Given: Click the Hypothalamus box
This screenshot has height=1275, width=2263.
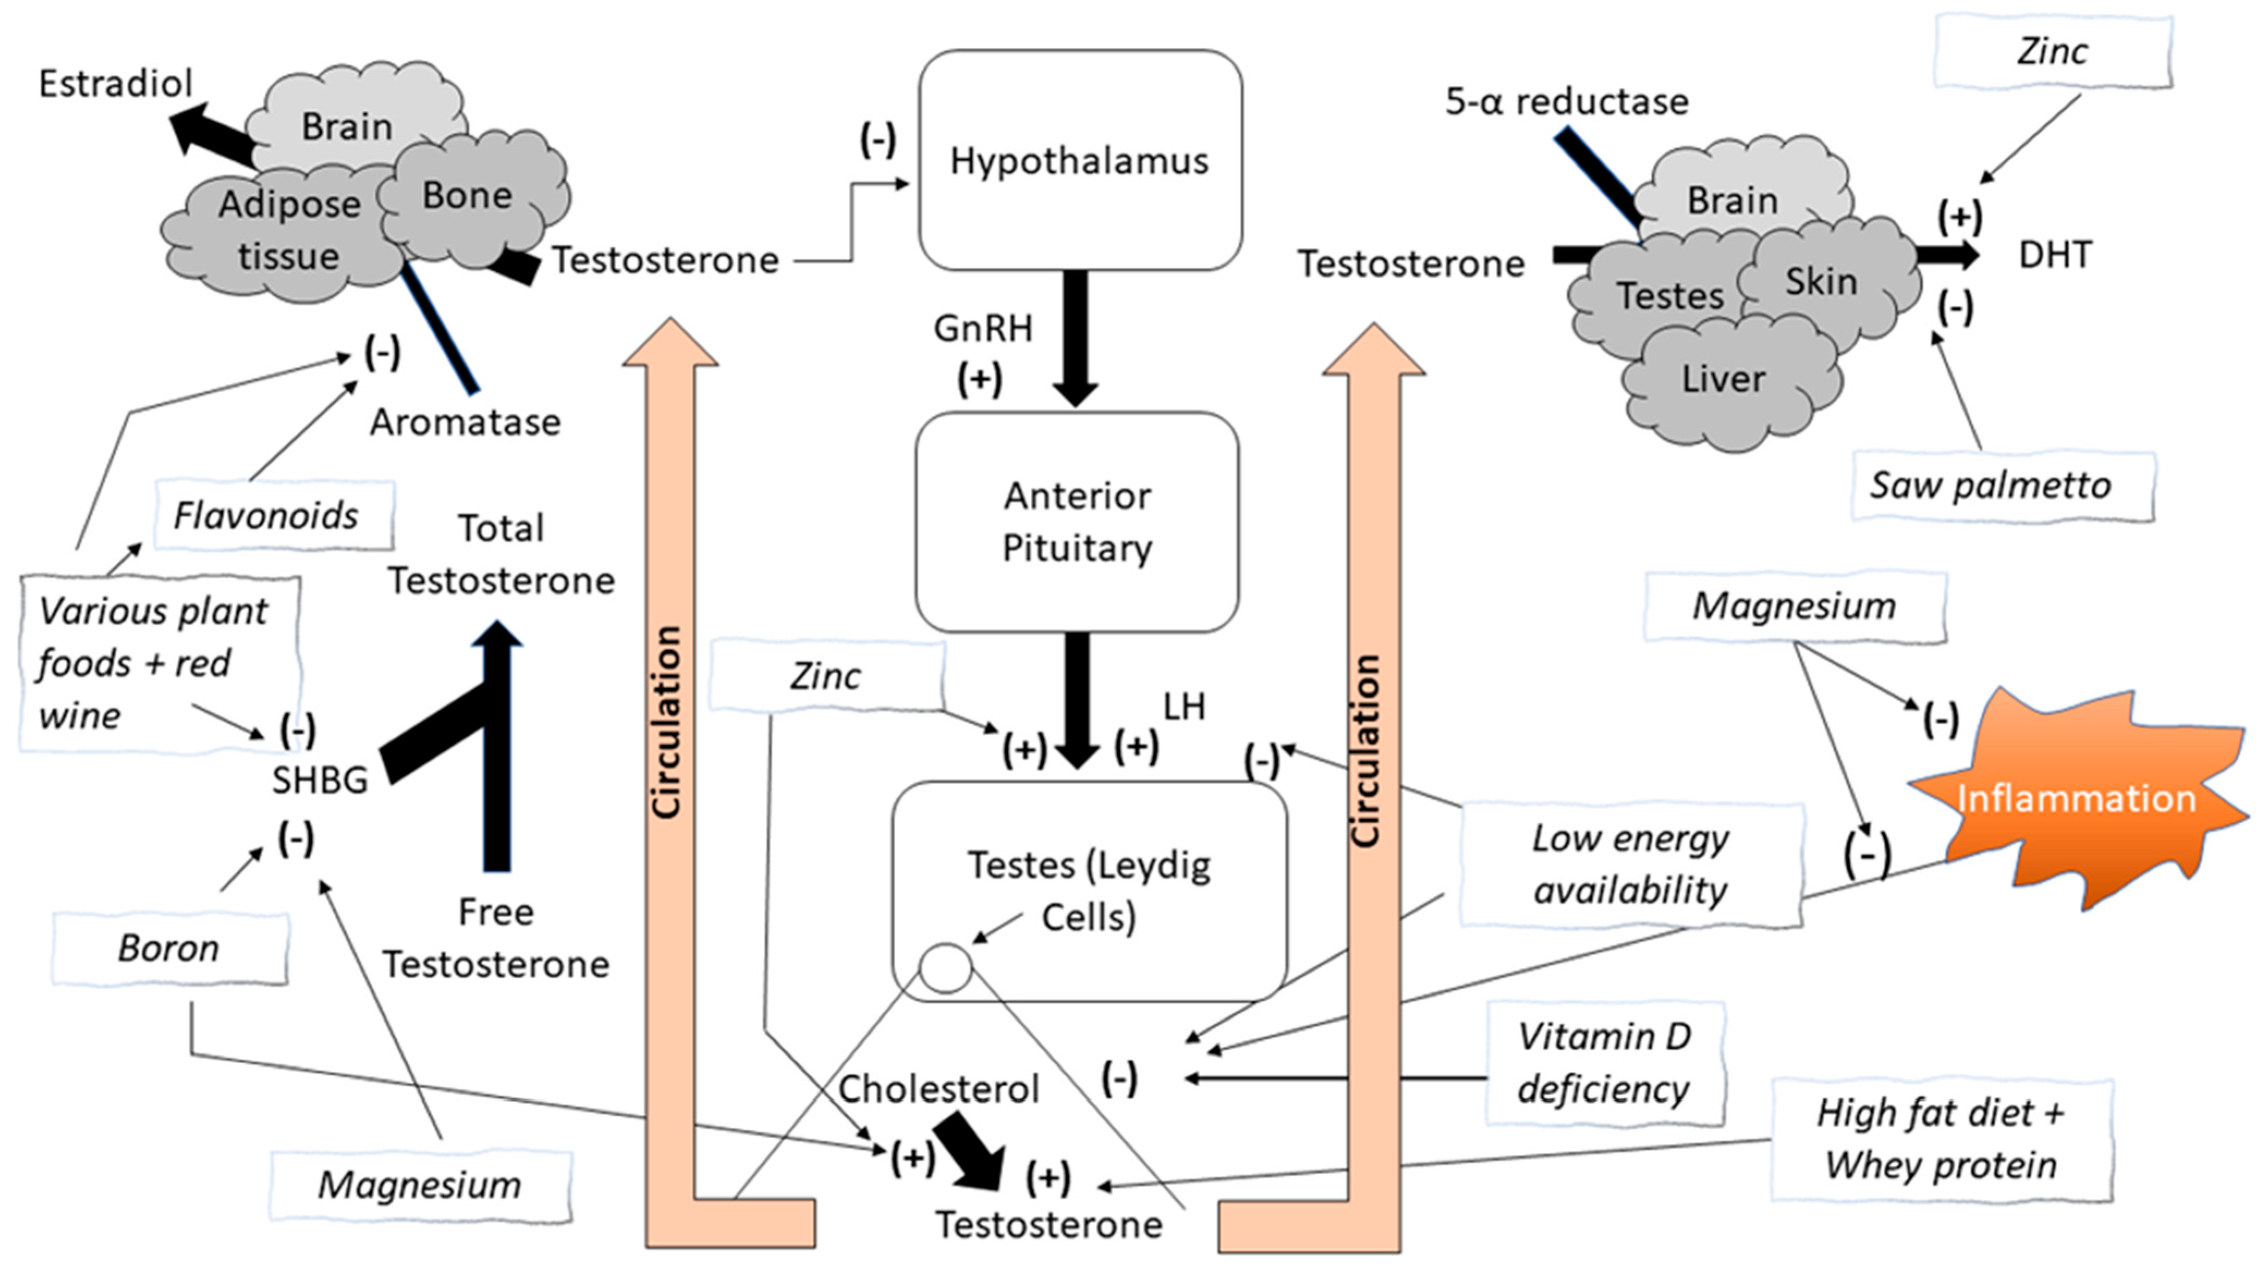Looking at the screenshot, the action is click(1080, 160).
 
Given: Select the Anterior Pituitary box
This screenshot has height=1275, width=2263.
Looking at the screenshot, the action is click(1077, 522).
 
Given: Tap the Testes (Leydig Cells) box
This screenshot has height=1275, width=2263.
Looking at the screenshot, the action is click(1090, 891).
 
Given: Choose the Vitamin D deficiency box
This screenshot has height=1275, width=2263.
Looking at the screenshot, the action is click(1604, 1063).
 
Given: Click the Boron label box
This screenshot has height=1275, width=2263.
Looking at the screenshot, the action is click(169, 948).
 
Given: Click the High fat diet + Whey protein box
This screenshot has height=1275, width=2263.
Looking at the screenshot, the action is click(1942, 1140).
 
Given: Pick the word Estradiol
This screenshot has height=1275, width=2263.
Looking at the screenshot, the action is click(115, 83).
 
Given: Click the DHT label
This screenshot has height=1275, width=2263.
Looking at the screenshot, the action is click(2056, 255).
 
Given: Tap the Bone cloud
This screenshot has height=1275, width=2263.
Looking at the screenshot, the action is click(470, 198).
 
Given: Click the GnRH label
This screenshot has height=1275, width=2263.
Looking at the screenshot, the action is click(983, 328).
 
